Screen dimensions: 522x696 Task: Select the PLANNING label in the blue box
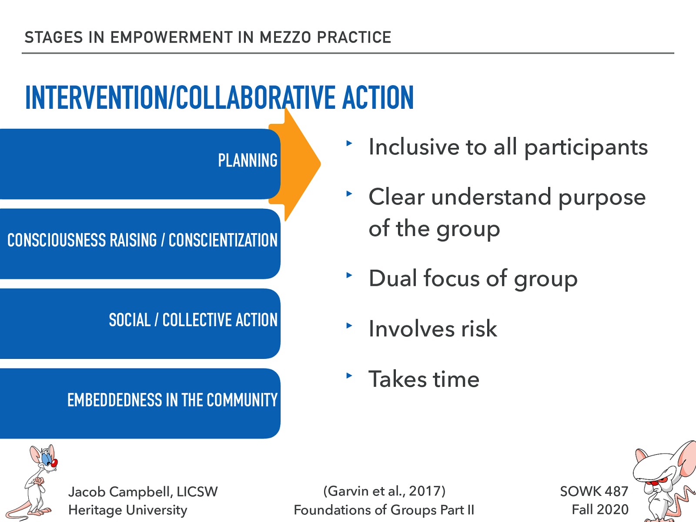point(248,161)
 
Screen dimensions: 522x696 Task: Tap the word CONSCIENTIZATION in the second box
point(223,240)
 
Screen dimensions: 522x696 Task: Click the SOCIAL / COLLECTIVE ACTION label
point(193,320)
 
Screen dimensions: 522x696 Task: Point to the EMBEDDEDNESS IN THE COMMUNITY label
point(172,400)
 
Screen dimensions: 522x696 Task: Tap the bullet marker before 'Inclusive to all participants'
point(349,143)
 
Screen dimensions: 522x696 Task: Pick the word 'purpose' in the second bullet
point(602,198)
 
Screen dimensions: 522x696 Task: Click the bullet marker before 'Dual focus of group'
point(349,275)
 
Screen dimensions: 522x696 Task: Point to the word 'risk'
point(479,329)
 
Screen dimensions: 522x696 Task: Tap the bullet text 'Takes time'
point(424,379)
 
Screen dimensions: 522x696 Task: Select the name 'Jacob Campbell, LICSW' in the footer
point(143,492)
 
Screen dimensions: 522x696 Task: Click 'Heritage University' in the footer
point(127,510)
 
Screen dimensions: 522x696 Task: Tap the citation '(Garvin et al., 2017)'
point(384,491)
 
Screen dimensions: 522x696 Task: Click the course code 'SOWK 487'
point(594,491)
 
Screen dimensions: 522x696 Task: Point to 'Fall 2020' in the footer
point(600,509)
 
